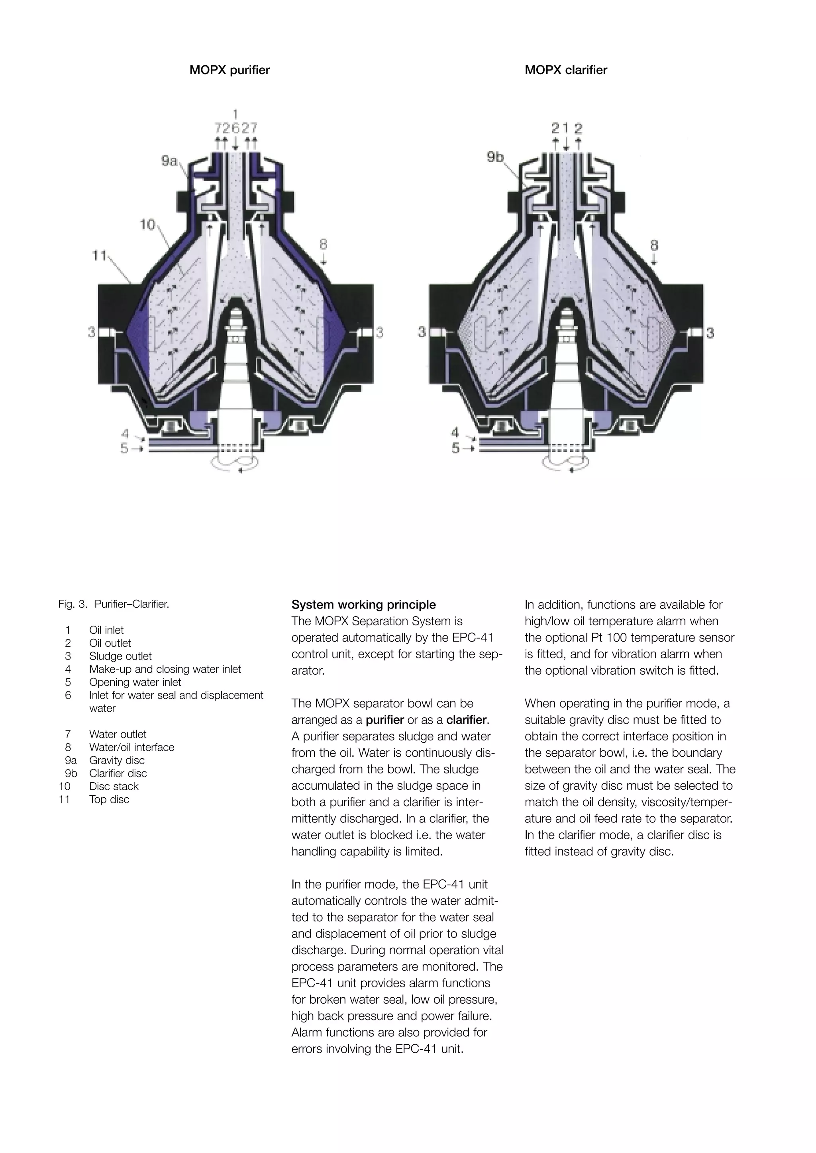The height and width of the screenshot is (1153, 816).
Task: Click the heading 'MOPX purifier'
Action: click(229, 70)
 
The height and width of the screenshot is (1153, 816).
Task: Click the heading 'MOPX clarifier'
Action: click(565, 70)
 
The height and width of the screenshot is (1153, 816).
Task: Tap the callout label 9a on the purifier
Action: click(169, 161)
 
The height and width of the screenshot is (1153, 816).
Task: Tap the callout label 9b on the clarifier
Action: click(495, 157)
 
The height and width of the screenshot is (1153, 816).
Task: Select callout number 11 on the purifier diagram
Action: click(99, 256)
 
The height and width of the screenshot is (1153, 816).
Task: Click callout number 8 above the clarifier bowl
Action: click(654, 246)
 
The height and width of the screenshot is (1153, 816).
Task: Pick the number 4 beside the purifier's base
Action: click(125, 433)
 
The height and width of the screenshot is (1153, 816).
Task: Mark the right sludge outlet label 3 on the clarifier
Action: click(710, 333)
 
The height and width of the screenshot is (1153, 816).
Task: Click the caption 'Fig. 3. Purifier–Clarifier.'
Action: click(114, 604)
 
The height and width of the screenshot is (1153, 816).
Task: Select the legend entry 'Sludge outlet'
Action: click(120, 656)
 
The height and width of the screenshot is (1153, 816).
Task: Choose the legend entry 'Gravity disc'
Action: click(117, 760)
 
